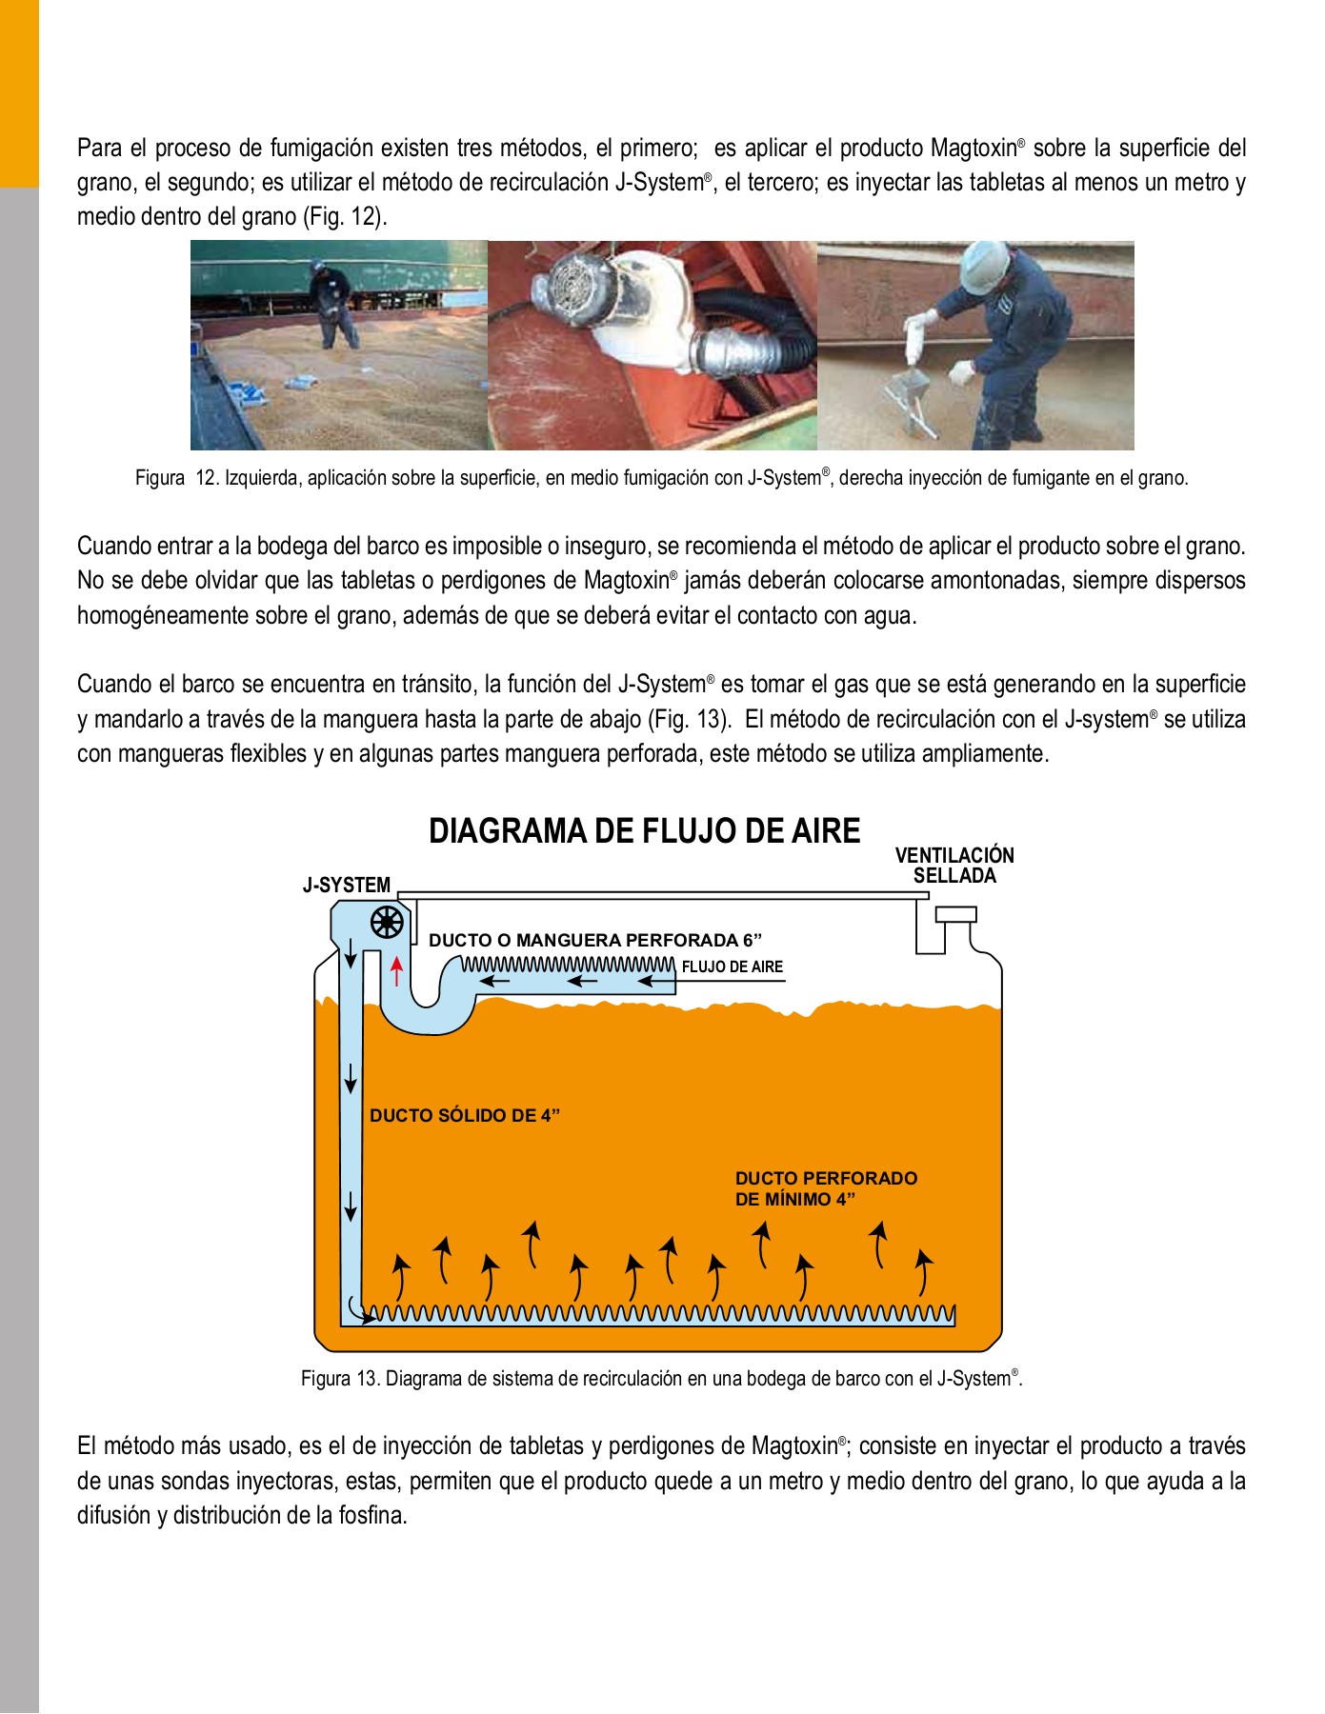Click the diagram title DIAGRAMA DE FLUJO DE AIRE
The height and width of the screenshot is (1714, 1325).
(644, 831)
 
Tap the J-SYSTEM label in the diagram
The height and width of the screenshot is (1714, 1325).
(347, 886)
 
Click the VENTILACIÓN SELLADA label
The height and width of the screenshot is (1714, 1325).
(954, 866)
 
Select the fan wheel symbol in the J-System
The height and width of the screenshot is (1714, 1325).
(387, 923)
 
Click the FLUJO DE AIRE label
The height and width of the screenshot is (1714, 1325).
(732, 967)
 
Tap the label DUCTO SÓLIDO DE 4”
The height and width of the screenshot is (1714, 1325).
(464, 1116)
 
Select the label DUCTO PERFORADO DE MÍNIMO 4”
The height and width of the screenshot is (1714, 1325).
(825, 1188)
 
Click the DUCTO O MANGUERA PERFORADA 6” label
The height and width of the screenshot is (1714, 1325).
(595, 941)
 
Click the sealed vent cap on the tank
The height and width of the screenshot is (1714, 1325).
(955, 915)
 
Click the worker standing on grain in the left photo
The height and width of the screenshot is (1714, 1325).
(334, 305)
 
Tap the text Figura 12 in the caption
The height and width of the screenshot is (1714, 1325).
(176, 478)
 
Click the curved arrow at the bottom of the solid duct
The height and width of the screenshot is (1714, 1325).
(356, 1306)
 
